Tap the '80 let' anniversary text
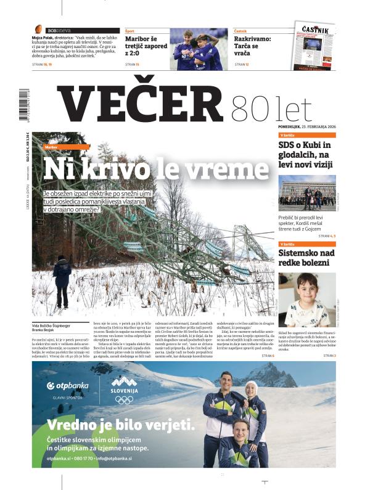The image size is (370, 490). coord(271,108)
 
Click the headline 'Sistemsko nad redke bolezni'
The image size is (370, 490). coord(306,258)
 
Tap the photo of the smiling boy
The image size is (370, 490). coord(306,300)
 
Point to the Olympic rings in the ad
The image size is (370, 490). coord(124,399)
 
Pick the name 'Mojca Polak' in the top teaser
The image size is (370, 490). coord(43,37)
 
